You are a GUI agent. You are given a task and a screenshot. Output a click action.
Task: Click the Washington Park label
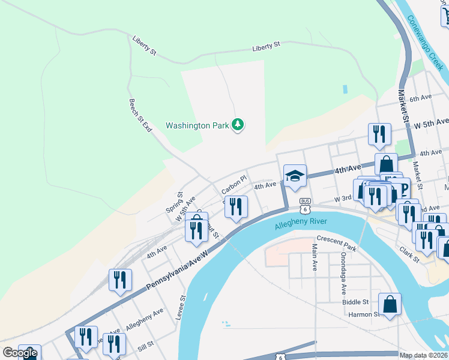[197, 126]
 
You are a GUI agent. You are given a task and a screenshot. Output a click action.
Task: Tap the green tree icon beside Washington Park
[239, 125]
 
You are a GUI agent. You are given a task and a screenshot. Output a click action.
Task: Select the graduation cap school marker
[295, 176]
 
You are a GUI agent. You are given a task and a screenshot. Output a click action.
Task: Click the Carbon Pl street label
[234, 185]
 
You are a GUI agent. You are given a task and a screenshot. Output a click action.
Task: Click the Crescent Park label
[337, 244]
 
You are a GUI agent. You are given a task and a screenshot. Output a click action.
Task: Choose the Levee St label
[181, 307]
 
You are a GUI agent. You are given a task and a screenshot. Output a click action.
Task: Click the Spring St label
[174, 202]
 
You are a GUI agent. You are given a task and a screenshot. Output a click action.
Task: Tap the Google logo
[20, 353]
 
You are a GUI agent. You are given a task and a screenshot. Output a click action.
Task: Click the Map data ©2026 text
[424, 355]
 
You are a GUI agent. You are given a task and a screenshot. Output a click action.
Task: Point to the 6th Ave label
[421, 97]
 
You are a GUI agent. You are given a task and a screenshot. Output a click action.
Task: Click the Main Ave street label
[314, 257]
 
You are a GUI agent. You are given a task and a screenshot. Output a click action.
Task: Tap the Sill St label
[146, 346]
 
